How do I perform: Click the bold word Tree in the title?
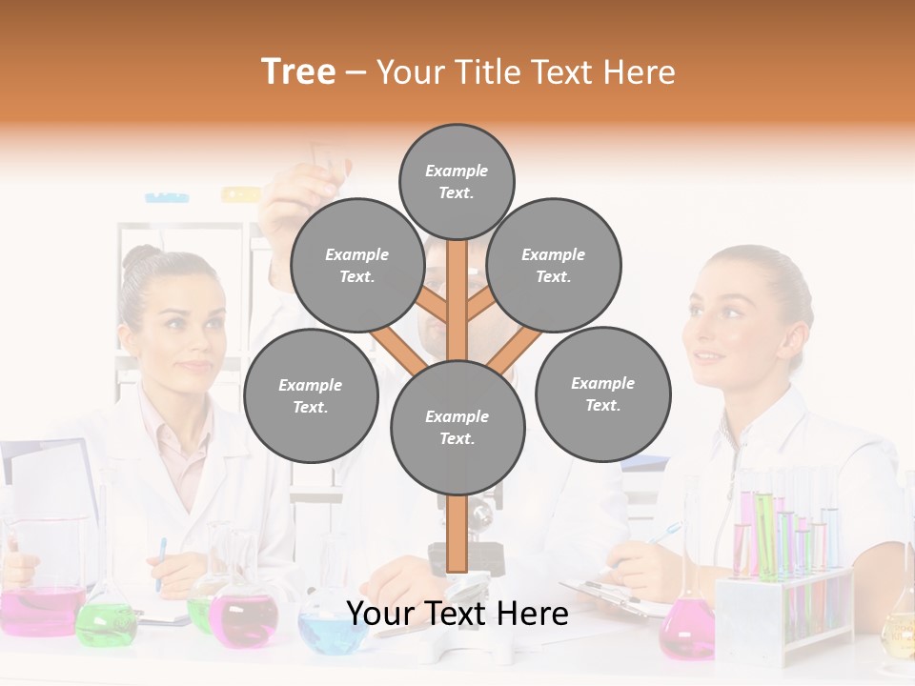pyautogui.click(x=298, y=72)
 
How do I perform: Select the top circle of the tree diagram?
pyautogui.click(x=457, y=181)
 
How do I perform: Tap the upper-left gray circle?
pyautogui.click(x=356, y=265)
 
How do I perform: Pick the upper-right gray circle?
pyautogui.click(x=554, y=266)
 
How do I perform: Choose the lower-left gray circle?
pyautogui.click(x=311, y=395)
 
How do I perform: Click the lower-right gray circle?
pyautogui.click(x=602, y=393)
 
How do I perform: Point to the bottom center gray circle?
pyautogui.click(x=457, y=428)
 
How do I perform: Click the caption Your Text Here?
pyautogui.click(x=457, y=615)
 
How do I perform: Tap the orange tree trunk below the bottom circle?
pyautogui.click(x=457, y=534)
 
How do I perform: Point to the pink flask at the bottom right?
pyautogui.click(x=686, y=634)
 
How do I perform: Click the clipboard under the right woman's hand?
pyautogui.click(x=610, y=595)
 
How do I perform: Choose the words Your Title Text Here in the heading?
pyautogui.click(x=526, y=72)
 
